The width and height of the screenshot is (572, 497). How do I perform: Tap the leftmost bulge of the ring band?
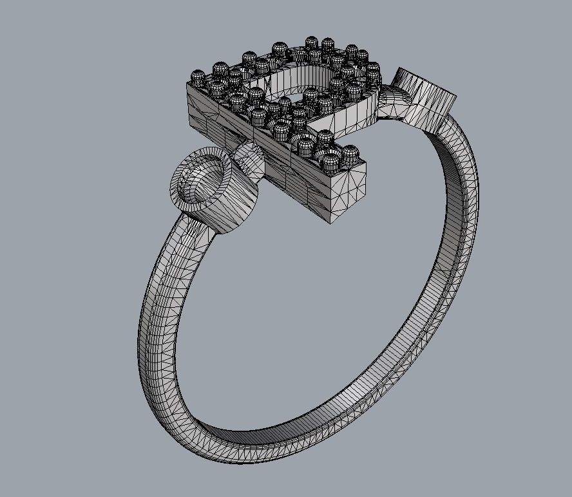coord(142,335)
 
